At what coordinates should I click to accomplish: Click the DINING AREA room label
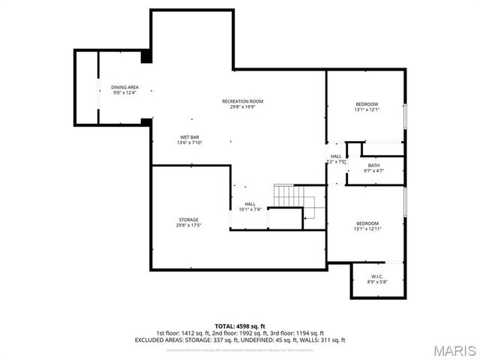(x=124, y=88)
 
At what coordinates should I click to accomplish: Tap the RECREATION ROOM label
(x=242, y=101)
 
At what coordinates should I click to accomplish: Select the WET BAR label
(x=189, y=137)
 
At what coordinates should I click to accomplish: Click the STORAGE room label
(x=188, y=220)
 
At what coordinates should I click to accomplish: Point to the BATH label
(x=373, y=166)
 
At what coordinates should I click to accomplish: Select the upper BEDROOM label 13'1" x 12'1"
(x=367, y=103)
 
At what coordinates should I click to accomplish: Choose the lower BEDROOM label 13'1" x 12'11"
(x=367, y=223)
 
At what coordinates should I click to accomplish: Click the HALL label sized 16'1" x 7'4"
(x=250, y=204)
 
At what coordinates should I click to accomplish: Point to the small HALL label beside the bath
(x=336, y=156)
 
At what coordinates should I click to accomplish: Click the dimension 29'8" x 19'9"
(x=242, y=107)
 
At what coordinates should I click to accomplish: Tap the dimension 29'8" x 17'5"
(x=188, y=226)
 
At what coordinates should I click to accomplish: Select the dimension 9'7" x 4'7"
(x=373, y=171)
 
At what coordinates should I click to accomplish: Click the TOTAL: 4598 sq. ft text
(x=239, y=326)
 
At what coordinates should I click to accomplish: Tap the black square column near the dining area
(x=146, y=56)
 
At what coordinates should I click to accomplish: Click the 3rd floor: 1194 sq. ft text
(x=301, y=333)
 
